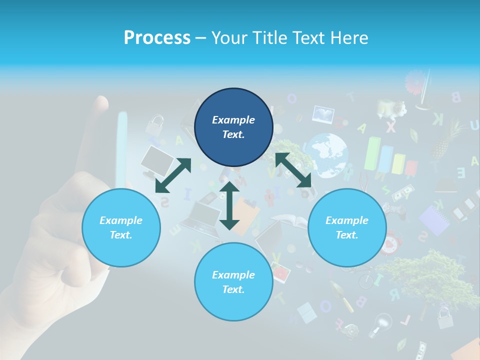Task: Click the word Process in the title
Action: pyautogui.click(x=157, y=38)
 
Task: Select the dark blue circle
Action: pyautogui.click(x=233, y=127)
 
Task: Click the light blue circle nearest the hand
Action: pyautogui.click(x=121, y=227)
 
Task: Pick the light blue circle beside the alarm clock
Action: pyautogui.click(x=347, y=227)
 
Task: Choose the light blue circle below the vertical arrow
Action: pyautogui.click(x=233, y=281)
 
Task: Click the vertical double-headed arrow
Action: pyautogui.click(x=229, y=205)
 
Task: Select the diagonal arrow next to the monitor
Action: pyautogui.click(x=173, y=175)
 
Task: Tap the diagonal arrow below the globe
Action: pyautogui.click(x=293, y=170)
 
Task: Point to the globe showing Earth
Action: pyautogui.click(x=327, y=155)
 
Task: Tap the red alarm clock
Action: pyautogui.click(x=390, y=243)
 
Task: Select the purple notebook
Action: pyautogui.click(x=433, y=220)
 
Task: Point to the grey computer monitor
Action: pyautogui.click(x=156, y=160)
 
